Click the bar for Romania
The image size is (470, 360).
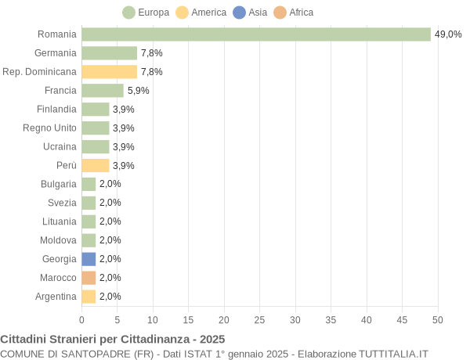[x=256, y=34]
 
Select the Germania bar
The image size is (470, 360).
[x=110, y=53]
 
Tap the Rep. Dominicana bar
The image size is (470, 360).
[x=110, y=72]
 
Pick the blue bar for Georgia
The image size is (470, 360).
[x=89, y=259]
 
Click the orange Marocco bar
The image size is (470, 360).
[x=89, y=278]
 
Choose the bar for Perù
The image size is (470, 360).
[x=96, y=165]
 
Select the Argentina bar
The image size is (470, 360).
[x=89, y=297]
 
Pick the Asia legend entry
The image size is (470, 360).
[x=250, y=13]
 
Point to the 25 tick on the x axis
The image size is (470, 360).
[x=259, y=319]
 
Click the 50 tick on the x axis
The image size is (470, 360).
[x=438, y=319]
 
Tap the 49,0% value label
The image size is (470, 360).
[x=448, y=34]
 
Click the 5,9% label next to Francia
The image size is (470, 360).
[x=138, y=91]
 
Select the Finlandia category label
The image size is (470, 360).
[x=56, y=110]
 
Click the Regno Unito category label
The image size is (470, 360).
[x=50, y=128]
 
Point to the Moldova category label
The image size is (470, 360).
[x=59, y=240]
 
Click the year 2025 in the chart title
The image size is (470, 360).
[x=211, y=339]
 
